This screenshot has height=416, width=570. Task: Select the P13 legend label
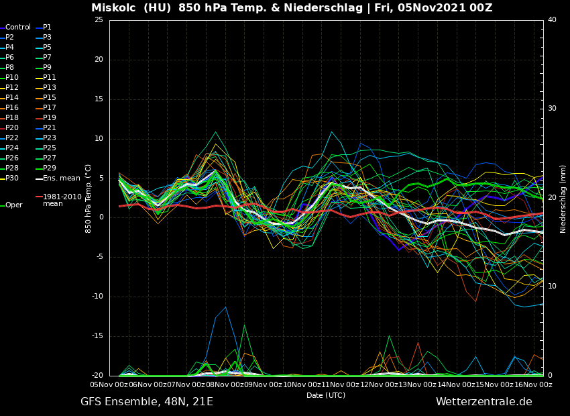50,88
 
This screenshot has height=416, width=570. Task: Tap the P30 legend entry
12,178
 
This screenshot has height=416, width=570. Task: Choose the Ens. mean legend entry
61,178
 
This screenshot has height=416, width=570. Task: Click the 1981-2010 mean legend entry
62,200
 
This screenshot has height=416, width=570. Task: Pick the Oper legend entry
13,205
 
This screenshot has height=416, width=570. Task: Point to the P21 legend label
50,128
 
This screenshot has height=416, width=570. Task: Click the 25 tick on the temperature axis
99,20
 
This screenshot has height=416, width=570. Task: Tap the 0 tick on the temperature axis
101,217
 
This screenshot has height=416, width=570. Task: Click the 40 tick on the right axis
552,20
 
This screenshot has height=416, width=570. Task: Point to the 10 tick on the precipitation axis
552,287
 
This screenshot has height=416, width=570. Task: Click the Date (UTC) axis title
326,395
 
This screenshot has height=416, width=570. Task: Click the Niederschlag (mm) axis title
563,199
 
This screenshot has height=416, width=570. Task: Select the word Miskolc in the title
115,8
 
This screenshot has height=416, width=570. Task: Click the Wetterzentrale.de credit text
483,402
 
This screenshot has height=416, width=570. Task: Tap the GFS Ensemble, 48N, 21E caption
147,402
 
